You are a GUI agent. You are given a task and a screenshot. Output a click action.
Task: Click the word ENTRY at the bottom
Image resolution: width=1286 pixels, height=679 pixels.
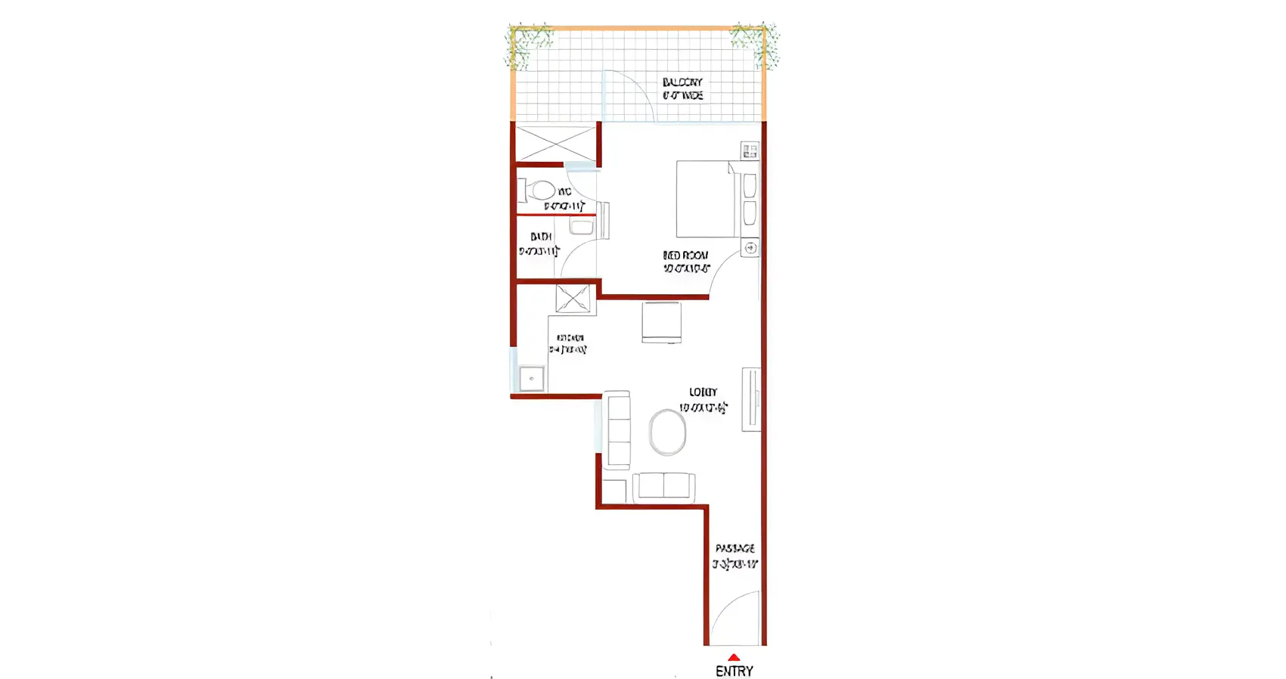[734, 671]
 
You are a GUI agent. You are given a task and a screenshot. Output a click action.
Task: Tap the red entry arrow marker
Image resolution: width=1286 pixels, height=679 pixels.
[734, 658]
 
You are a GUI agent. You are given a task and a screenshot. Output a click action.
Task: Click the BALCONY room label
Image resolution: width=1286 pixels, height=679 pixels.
[682, 82]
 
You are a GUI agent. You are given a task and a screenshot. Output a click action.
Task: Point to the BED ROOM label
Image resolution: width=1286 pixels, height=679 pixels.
[685, 256]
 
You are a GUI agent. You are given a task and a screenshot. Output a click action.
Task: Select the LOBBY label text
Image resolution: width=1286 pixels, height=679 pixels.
[703, 392]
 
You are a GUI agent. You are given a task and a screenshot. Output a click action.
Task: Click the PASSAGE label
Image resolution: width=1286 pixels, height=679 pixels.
[735, 548]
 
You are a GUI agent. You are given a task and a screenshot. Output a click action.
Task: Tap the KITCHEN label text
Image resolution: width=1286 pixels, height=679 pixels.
[570, 338]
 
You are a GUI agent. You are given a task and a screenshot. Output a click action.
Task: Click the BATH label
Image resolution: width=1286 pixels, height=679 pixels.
[541, 237]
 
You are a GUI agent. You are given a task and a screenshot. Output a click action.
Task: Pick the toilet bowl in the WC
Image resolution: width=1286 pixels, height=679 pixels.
[542, 190]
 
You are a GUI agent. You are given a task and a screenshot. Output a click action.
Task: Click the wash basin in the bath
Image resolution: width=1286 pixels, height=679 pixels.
[581, 226]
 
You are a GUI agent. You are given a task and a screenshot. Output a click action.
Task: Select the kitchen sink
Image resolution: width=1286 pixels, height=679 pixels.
[531, 378]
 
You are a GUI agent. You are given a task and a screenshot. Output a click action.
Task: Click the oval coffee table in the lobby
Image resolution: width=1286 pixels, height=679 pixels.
[667, 433]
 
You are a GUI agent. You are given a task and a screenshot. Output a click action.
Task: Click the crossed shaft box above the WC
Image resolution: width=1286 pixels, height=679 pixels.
[555, 144]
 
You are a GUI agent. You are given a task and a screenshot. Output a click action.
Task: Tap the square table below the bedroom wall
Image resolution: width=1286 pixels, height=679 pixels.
[661, 322]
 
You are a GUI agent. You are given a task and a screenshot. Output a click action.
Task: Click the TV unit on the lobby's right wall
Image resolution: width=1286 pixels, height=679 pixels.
[750, 399]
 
